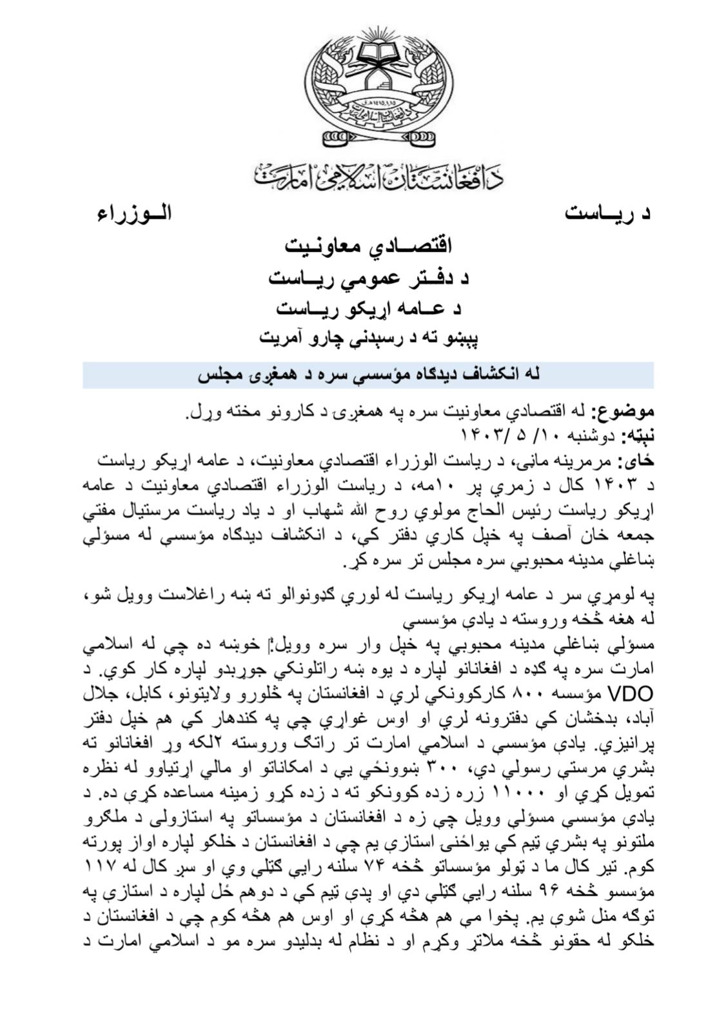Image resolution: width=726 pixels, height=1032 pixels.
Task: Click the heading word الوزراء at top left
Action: (134, 214)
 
